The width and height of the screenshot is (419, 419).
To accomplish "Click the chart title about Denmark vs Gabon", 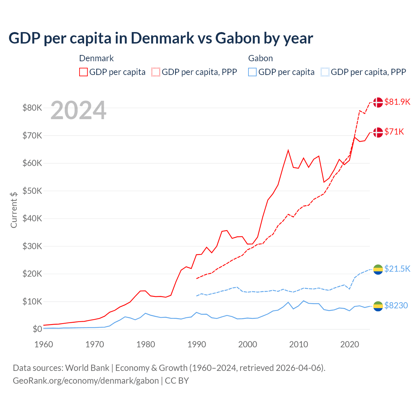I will point(161,38).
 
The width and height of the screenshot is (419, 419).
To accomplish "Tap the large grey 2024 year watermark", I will point(78,110).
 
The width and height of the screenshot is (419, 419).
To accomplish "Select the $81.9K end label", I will point(397,102).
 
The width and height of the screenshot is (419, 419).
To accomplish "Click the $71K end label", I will point(394,132).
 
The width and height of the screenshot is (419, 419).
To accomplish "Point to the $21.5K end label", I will point(397,269).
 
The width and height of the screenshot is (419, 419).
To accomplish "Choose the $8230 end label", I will point(396,305).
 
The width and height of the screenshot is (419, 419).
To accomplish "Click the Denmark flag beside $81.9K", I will point(378,102).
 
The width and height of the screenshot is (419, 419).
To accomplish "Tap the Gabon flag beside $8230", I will point(378,306).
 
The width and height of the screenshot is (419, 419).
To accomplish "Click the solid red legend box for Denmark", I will point(83,72).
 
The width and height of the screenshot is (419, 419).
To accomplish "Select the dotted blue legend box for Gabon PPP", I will point(325,72).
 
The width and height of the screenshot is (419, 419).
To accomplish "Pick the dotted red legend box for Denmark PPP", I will point(156,72).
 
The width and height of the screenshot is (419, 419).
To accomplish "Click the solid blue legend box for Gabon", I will point(252,72).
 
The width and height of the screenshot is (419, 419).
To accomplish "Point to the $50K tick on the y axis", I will point(32,191).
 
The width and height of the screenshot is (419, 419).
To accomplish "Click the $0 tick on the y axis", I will point(37,329).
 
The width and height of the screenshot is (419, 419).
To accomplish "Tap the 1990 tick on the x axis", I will point(197,344).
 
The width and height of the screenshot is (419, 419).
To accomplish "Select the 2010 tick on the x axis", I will point(299,344).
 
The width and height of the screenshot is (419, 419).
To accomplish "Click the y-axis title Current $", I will point(14,210).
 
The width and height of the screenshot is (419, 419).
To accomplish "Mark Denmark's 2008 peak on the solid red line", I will point(288,150).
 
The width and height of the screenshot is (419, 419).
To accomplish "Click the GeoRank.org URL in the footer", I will point(86,381).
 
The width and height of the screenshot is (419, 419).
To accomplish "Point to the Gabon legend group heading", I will point(261,58).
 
